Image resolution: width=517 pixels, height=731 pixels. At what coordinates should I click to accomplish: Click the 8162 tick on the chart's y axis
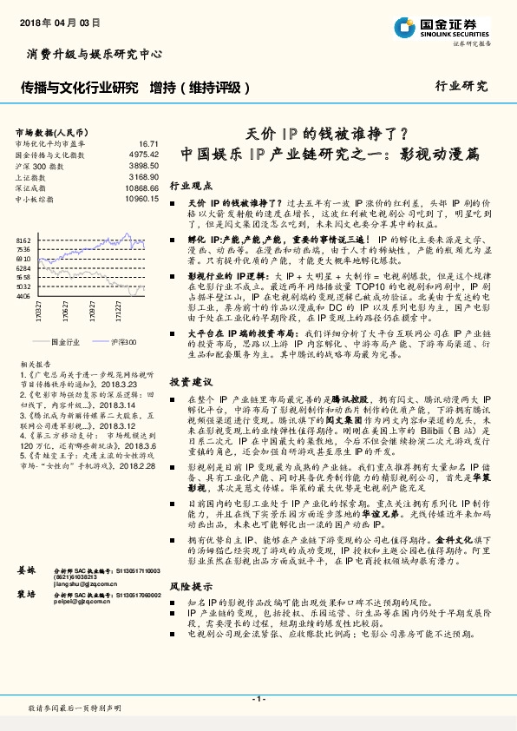pyautogui.click(x=23, y=239)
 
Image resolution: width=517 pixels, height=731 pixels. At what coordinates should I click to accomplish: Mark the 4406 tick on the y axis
pyautogui.click(x=23, y=296)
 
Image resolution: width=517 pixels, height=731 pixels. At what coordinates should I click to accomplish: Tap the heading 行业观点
pyautogui.click(x=190, y=186)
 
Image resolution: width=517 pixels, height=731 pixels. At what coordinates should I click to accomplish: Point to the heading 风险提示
pyautogui.click(x=190, y=612)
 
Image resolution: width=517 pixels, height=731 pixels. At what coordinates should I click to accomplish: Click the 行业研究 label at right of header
pyautogui.click(x=461, y=86)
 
